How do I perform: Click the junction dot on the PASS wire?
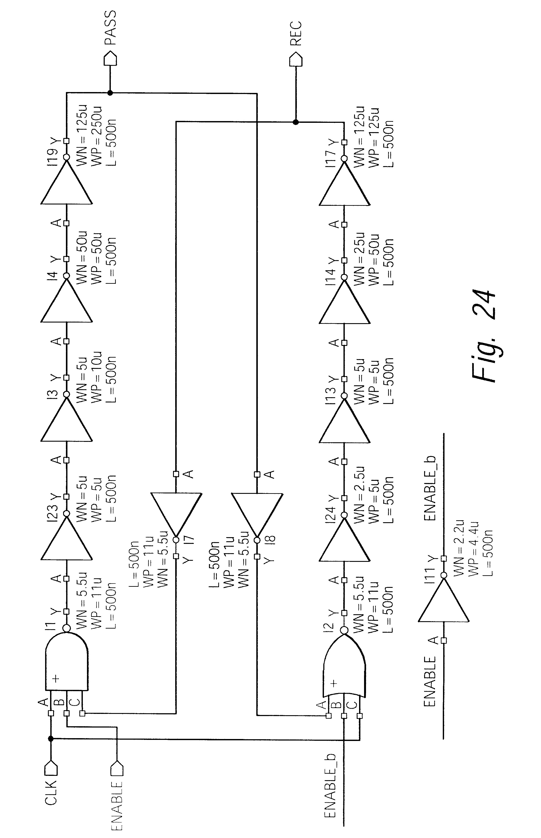click(x=110, y=93)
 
